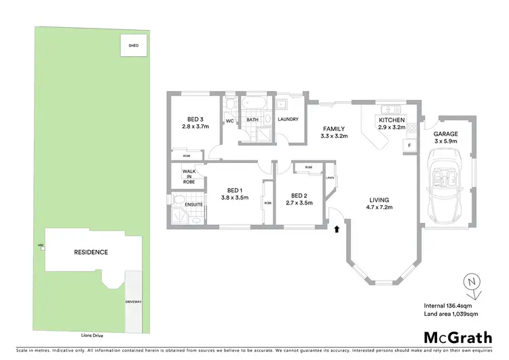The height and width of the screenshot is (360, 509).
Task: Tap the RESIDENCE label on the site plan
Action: (91, 252)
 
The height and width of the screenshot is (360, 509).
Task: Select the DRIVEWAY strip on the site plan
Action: (134, 302)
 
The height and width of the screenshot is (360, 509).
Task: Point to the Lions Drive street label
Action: (85, 336)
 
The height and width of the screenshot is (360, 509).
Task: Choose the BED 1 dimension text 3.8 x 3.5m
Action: (234, 198)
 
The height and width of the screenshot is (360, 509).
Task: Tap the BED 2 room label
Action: (299, 192)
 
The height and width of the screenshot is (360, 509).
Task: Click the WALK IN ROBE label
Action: (190, 177)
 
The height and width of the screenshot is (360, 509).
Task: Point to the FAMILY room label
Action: (334, 128)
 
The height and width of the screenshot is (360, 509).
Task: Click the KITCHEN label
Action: (392, 120)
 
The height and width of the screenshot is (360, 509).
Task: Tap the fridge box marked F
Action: (409, 145)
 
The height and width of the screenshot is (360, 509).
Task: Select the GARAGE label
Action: (446, 134)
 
